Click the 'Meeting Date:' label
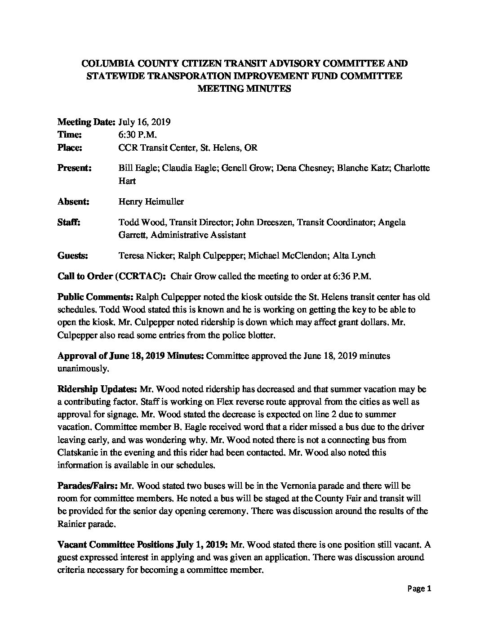coord(87,122)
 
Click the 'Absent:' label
coord(73,202)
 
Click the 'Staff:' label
coord(69,222)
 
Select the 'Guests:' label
coord(73,256)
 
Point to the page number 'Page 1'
coord(419,589)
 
